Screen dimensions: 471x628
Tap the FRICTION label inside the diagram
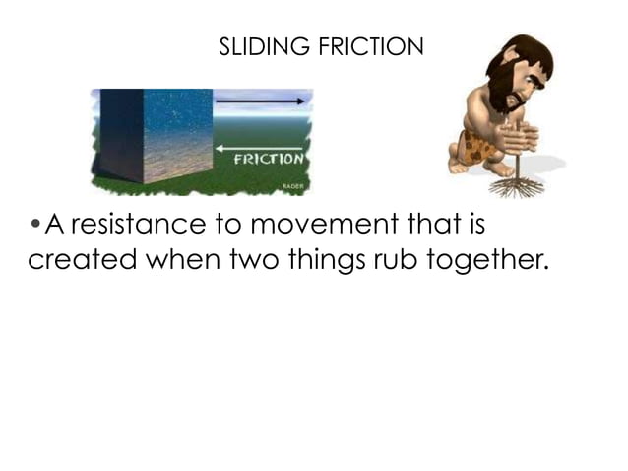tap(269, 159)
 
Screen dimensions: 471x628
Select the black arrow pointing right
tap(260, 101)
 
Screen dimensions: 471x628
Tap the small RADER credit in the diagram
tap(293, 184)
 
